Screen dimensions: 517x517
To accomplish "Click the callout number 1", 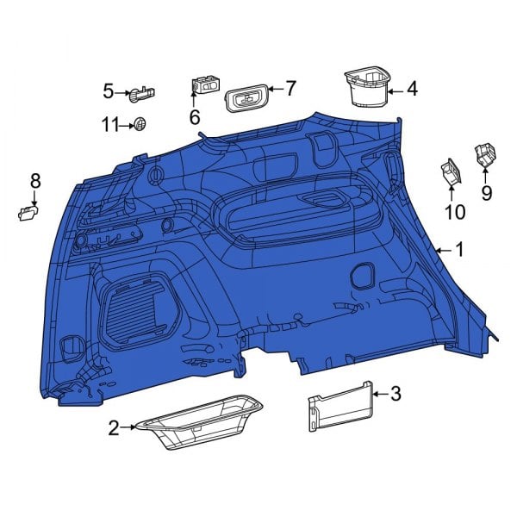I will pyautogui.click(x=459, y=250).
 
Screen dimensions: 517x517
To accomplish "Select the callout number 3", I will pyautogui.click(x=396, y=394).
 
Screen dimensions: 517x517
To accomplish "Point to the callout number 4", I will pyautogui.click(x=412, y=88).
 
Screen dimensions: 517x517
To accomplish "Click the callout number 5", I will pyautogui.click(x=109, y=90).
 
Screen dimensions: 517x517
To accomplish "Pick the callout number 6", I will pyautogui.click(x=195, y=116).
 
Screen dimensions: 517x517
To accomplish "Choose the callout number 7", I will pyautogui.click(x=290, y=88).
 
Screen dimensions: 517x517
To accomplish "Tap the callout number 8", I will pyautogui.click(x=35, y=181).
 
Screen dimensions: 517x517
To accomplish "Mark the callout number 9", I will pyautogui.click(x=487, y=193).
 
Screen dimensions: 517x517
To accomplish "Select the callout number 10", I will pyautogui.click(x=454, y=212).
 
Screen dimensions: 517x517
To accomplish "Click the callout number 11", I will pyautogui.click(x=109, y=125).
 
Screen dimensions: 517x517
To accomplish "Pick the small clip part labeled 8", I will pyautogui.click(x=28, y=213).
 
